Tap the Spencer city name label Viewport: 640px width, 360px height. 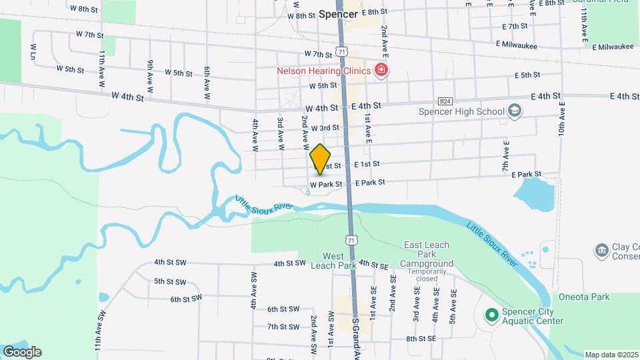pos(338,13)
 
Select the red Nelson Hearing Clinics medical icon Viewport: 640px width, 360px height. pos(381,70)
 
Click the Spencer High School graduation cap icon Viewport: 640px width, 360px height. pos(514,111)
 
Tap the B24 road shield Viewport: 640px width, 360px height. pos(446,100)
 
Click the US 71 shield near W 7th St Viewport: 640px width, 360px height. pos(341,52)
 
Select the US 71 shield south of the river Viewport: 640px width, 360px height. pos(351,239)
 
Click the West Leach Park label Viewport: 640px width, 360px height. pos(334,261)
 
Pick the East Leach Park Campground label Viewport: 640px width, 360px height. pos(427,255)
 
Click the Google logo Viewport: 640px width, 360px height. pos(22,352)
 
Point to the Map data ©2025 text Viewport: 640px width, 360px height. pos(611,355)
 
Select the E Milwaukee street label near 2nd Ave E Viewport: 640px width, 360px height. pos(517,44)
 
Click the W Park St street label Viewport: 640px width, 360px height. pos(325,184)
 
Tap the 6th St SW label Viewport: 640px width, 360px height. pos(185,299)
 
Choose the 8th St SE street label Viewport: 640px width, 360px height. pos(421,339)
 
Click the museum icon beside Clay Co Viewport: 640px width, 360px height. pos(601,250)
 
